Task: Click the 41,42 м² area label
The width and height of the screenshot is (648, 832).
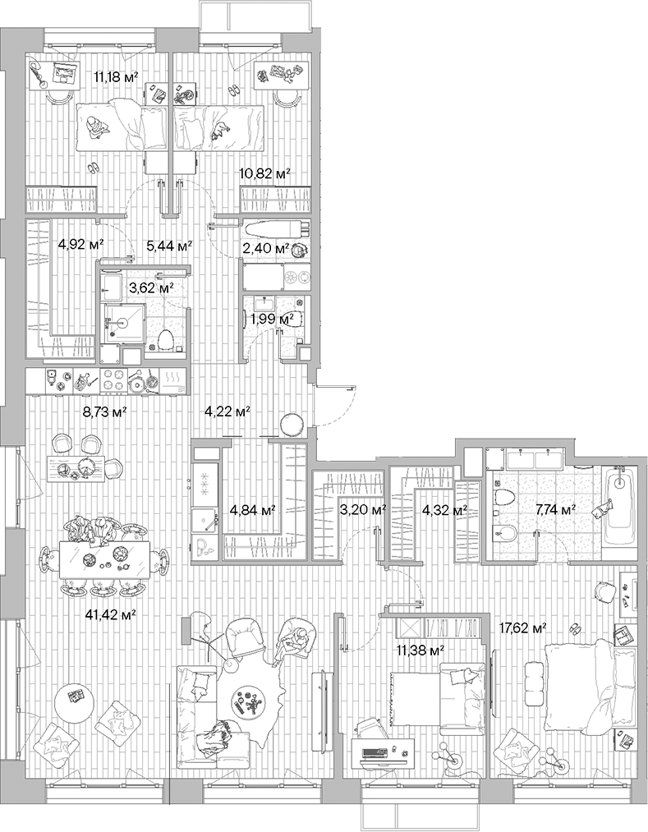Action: point(111,614)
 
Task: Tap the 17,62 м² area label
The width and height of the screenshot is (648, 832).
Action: point(523,629)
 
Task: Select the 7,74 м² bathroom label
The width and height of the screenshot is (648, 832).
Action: point(558,509)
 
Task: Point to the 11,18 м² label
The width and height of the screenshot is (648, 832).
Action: point(115,77)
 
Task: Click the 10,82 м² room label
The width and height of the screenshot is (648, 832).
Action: point(259,172)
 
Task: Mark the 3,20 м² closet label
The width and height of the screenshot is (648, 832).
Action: point(362,509)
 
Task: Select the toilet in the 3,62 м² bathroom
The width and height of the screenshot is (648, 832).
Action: point(168,339)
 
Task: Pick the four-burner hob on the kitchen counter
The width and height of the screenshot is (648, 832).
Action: point(120,380)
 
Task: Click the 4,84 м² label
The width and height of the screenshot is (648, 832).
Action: point(251,509)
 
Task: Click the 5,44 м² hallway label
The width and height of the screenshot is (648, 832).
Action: point(169,245)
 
